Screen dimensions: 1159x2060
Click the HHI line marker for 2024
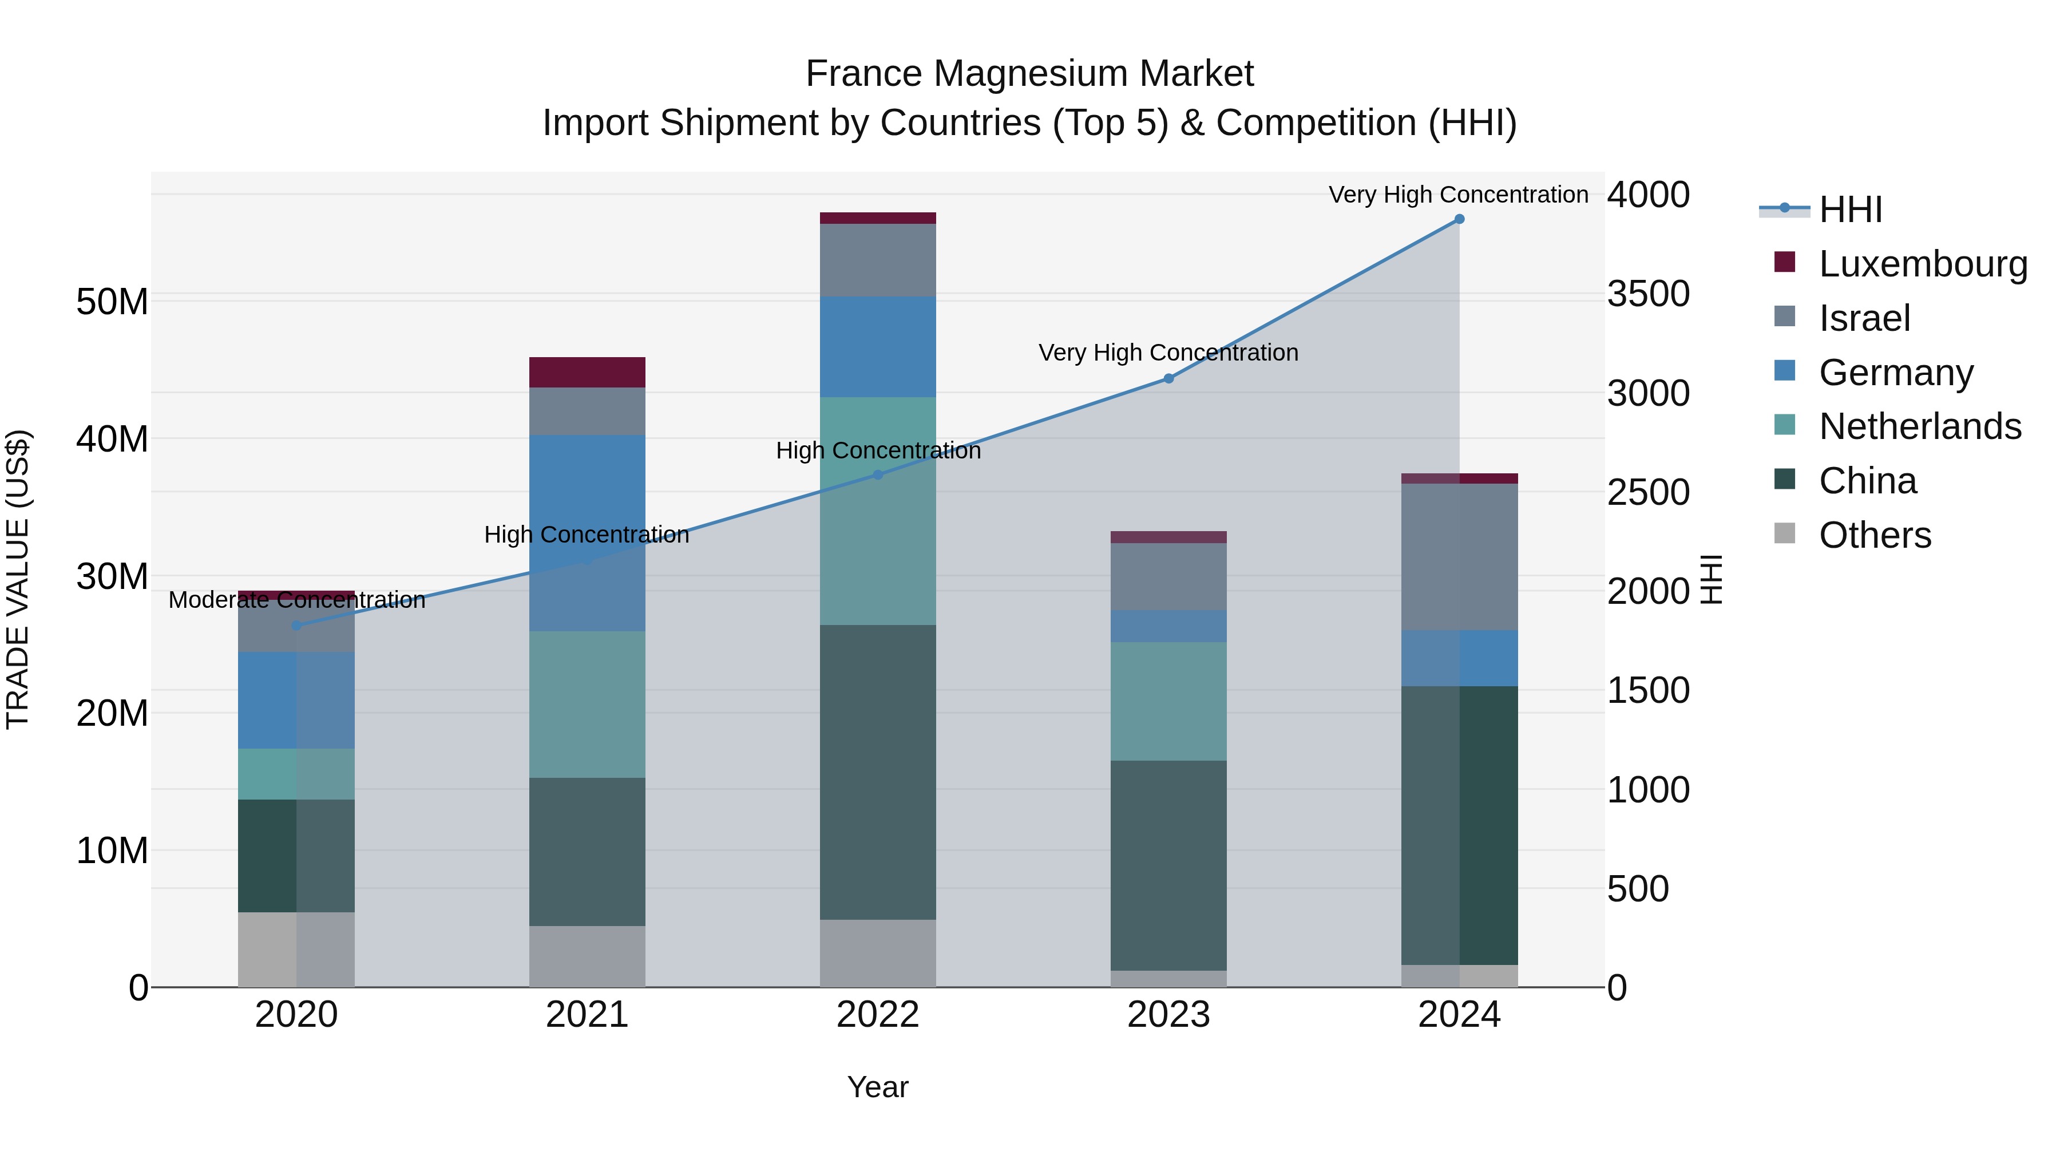[x=1459, y=219]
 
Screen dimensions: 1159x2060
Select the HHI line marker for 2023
[x=1168, y=378]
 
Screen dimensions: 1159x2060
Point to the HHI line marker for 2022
[x=877, y=475]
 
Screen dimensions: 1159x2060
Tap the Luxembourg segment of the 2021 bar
[x=587, y=372]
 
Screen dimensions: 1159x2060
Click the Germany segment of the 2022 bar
[x=877, y=347]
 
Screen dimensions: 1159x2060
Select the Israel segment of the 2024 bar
[x=1459, y=557]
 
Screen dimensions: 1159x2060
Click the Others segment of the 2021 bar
[x=587, y=956]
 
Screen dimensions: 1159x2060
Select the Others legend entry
[x=1873, y=535]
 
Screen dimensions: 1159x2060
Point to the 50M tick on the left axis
[x=112, y=302]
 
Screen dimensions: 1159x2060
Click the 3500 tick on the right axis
[x=1648, y=294]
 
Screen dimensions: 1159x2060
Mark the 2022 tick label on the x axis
[x=877, y=1015]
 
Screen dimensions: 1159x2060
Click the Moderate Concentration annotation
[x=296, y=600]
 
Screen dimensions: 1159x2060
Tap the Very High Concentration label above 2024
[x=1458, y=195]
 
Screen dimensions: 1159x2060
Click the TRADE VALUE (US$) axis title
[x=18, y=579]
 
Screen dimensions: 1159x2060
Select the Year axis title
[x=877, y=1087]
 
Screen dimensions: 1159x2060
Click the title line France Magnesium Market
[x=1029, y=74]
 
